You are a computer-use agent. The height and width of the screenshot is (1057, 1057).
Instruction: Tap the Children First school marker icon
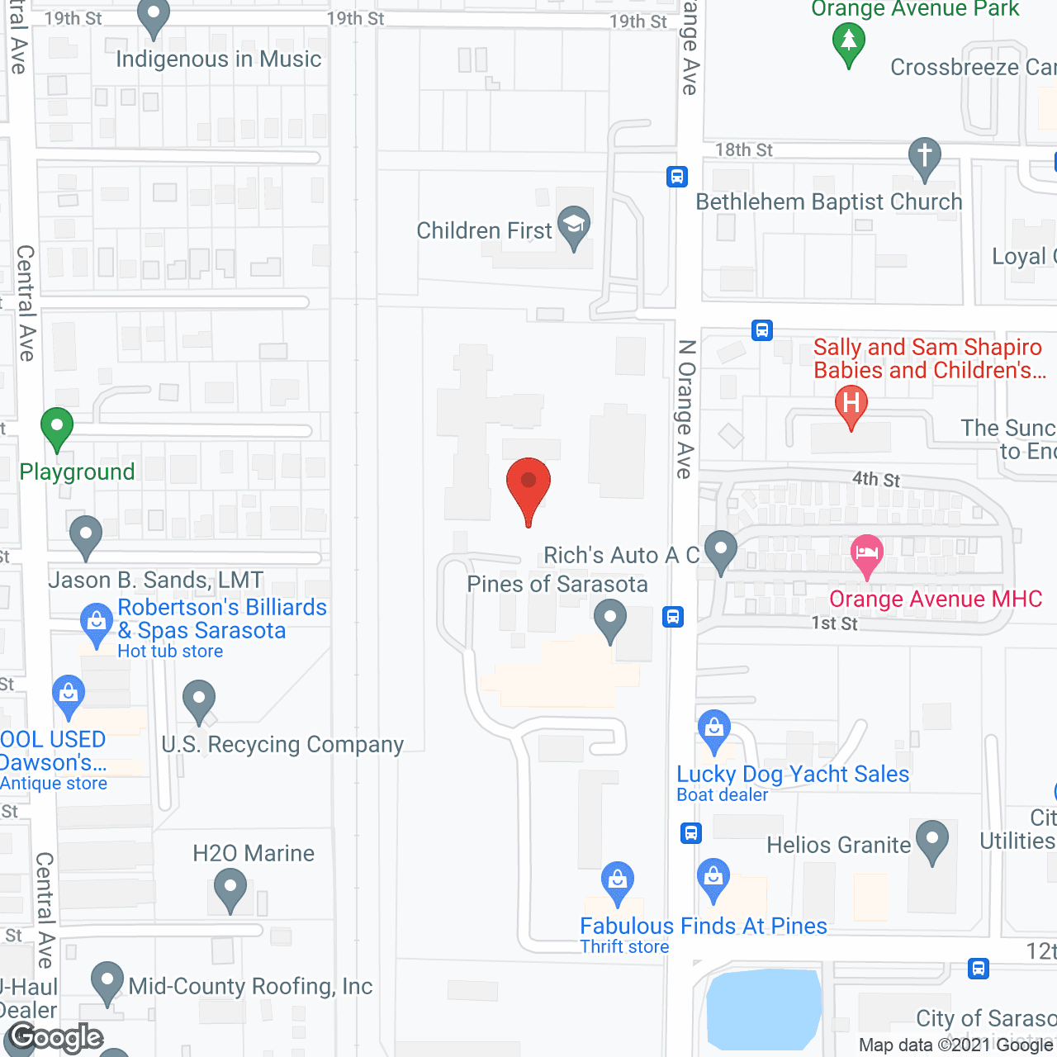[574, 226]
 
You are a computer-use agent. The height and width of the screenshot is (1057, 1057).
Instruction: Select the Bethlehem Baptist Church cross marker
[925, 157]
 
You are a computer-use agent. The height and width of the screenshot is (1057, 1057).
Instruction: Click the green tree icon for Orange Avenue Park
[849, 41]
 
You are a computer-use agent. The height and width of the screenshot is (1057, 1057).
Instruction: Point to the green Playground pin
[57, 429]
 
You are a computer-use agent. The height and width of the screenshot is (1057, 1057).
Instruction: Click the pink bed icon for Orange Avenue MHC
[866, 553]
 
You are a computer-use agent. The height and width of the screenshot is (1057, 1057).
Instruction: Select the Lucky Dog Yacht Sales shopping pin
[714, 730]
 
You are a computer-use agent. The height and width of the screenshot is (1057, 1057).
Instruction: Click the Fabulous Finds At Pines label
[704, 926]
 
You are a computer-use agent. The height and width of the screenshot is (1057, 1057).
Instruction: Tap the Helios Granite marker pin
[932, 841]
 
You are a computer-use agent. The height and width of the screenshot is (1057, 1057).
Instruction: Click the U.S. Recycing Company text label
[282, 744]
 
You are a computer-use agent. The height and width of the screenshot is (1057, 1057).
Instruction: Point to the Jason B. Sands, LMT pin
[86, 536]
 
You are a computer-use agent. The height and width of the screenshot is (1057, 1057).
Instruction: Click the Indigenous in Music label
[219, 59]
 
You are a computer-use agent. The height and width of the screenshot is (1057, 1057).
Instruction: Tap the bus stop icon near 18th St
[677, 176]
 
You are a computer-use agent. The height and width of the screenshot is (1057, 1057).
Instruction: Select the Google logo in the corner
[56, 1037]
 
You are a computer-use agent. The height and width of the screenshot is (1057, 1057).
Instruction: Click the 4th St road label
[876, 479]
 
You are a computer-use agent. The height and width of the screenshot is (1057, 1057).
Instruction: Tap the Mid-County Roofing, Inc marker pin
[107, 982]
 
